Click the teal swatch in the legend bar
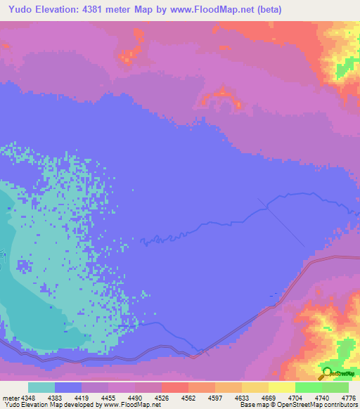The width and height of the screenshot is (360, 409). tap(41, 387)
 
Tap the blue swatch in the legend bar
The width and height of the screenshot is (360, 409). tap(68, 387)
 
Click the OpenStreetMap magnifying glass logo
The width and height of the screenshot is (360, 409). tap(327, 372)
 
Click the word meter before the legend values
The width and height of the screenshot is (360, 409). tap(11, 398)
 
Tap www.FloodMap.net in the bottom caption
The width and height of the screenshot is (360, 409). tap(131, 405)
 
